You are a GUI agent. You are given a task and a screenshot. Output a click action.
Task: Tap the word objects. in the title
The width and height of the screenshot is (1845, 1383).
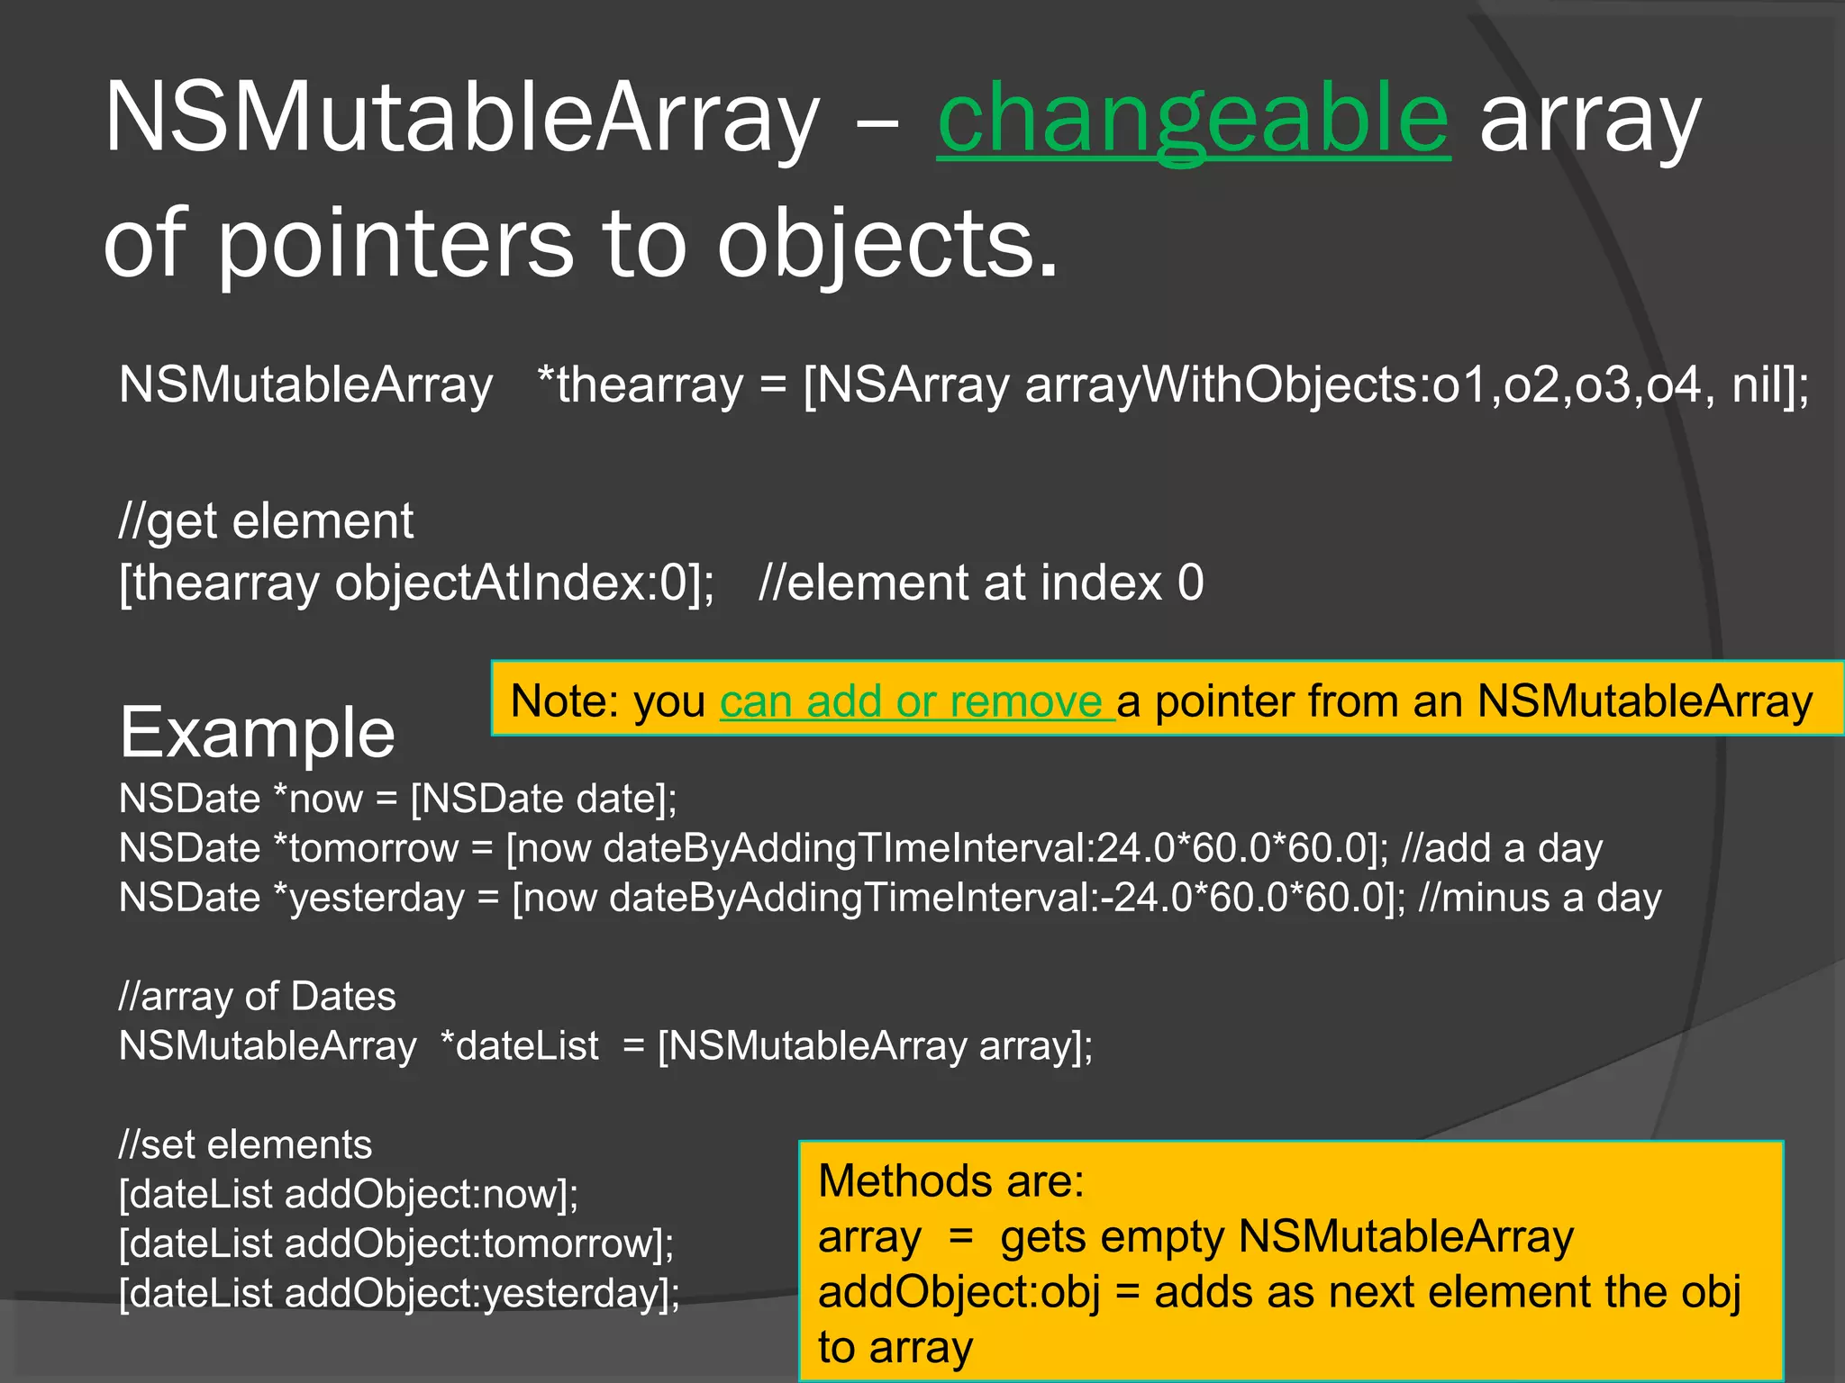click(887, 243)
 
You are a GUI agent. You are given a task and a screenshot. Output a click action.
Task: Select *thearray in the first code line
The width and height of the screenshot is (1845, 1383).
click(640, 385)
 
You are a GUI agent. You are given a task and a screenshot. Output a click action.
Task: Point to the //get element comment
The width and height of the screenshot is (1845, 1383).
click(267, 521)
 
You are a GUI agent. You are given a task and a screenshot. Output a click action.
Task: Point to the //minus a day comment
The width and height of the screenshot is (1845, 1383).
click(1540, 898)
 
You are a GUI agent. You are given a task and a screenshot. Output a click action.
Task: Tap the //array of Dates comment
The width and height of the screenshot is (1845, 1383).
click(258, 997)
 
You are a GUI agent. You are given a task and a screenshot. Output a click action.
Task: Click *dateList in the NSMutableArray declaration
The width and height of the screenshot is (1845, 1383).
click(520, 1046)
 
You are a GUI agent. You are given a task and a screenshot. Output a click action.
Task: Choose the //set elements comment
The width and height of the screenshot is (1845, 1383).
click(245, 1145)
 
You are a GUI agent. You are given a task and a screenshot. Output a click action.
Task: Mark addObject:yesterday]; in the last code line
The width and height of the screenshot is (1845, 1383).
click(482, 1294)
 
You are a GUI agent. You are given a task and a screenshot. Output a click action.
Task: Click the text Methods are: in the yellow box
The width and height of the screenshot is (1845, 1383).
click(951, 1181)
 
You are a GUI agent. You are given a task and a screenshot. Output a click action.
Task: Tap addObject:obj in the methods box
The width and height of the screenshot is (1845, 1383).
click(959, 1292)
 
